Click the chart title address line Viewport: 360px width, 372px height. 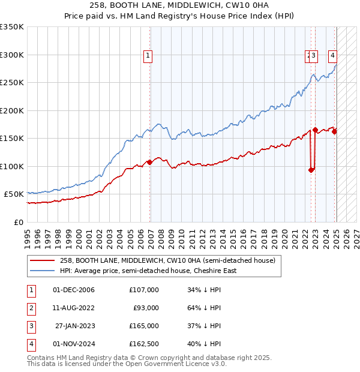180,7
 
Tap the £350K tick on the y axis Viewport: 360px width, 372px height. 13,27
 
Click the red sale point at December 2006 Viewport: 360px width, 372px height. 149,163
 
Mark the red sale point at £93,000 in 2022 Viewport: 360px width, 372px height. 311,170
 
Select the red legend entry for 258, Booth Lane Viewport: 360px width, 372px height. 167,260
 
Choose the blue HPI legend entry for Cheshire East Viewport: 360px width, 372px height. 148,271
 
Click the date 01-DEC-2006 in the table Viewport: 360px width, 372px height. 74,290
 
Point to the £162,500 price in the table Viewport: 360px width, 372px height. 144,344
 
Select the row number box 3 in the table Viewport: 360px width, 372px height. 31,326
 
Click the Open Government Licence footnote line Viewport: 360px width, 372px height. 127,364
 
